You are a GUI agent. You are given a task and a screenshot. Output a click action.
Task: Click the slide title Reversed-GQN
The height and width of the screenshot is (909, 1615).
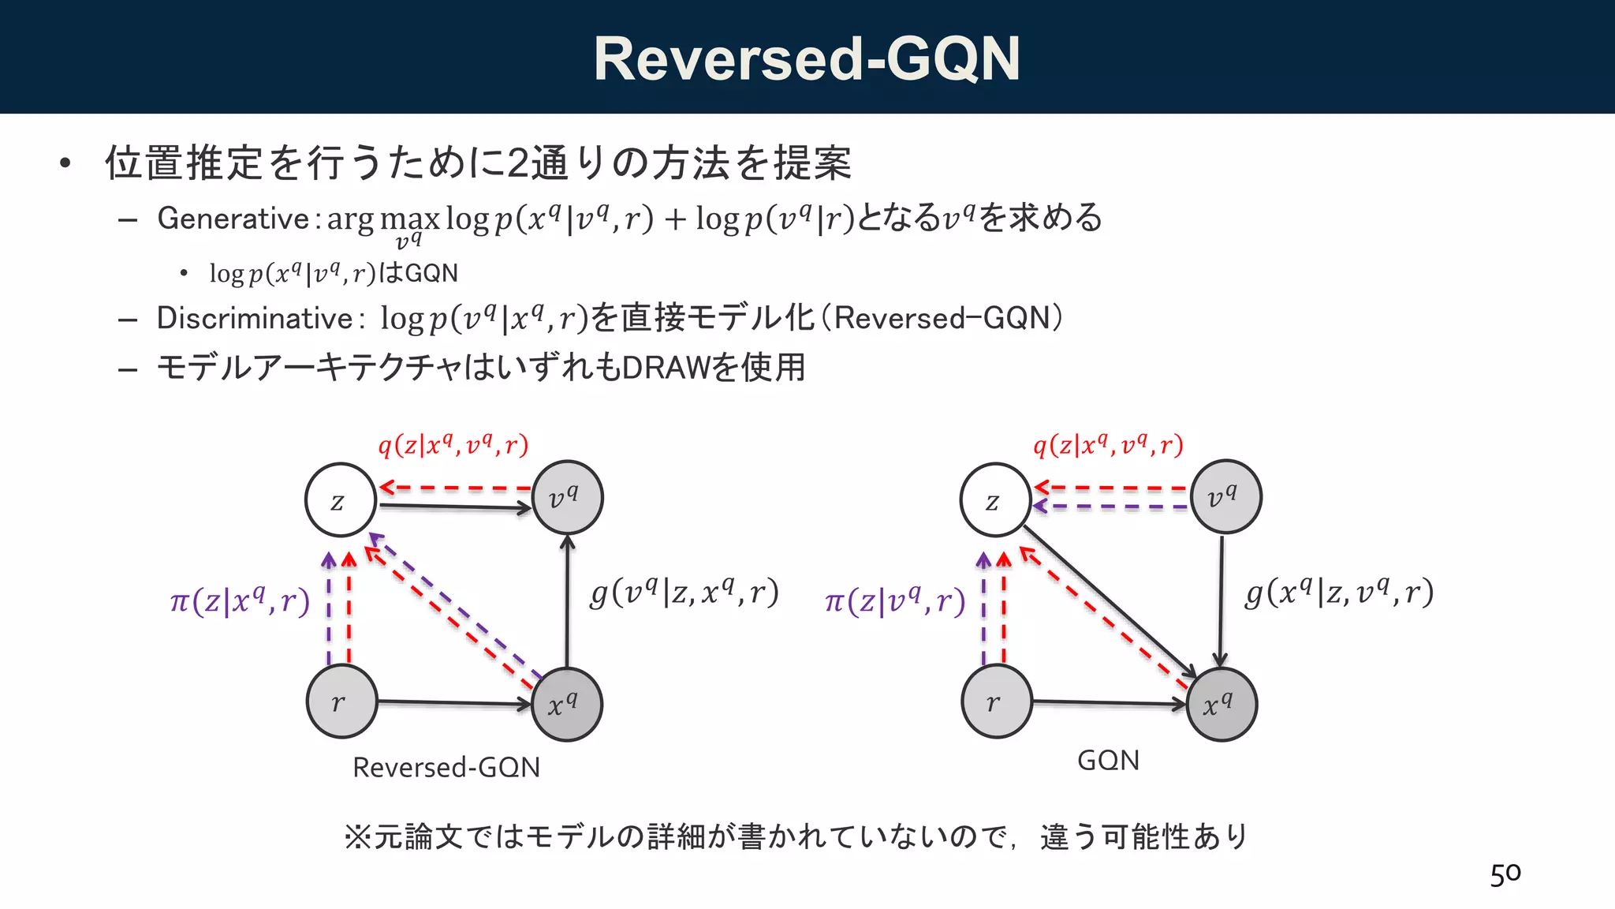pyautogui.click(x=807, y=58)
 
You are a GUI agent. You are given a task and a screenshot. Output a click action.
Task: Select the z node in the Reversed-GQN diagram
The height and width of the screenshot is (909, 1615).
pyautogui.click(x=340, y=500)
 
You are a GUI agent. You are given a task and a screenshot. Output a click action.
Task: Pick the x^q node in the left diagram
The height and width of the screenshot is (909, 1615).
pyautogui.click(x=566, y=705)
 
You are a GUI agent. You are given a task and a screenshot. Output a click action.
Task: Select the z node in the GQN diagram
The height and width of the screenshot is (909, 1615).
pyautogui.click(x=995, y=500)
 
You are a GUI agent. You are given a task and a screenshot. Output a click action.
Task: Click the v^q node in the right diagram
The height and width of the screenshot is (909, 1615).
pyautogui.click(x=1225, y=497)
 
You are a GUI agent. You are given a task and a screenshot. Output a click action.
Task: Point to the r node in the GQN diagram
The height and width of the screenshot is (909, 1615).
pyautogui.click(x=997, y=701)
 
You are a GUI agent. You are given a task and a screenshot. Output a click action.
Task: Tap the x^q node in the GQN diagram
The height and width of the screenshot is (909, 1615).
pyautogui.click(x=1221, y=705)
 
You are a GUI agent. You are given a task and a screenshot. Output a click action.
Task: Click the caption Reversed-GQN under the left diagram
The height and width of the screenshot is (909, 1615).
pyautogui.click(x=446, y=767)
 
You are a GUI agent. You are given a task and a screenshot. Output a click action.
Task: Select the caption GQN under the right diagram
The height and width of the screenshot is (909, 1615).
pyautogui.click(x=1108, y=760)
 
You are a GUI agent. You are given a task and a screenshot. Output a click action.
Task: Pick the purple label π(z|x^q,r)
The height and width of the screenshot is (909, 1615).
pyautogui.click(x=240, y=601)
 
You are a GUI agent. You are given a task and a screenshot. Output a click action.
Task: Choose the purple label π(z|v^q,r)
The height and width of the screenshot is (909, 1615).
pyautogui.click(x=894, y=601)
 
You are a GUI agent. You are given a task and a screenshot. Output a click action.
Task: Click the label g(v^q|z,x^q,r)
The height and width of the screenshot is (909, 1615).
pyautogui.click(x=684, y=592)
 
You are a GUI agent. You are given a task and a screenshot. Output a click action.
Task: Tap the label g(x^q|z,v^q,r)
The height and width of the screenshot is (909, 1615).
pyautogui.click(x=1338, y=592)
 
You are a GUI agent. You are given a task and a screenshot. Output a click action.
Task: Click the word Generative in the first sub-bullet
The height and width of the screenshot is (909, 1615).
pyautogui.click(x=233, y=219)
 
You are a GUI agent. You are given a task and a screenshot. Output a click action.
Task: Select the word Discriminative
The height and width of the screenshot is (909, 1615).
pyautogui.click(x=254, y=318)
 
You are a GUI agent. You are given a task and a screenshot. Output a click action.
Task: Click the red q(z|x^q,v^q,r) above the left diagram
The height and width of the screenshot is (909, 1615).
pyautogui.click(x=453, y=446)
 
